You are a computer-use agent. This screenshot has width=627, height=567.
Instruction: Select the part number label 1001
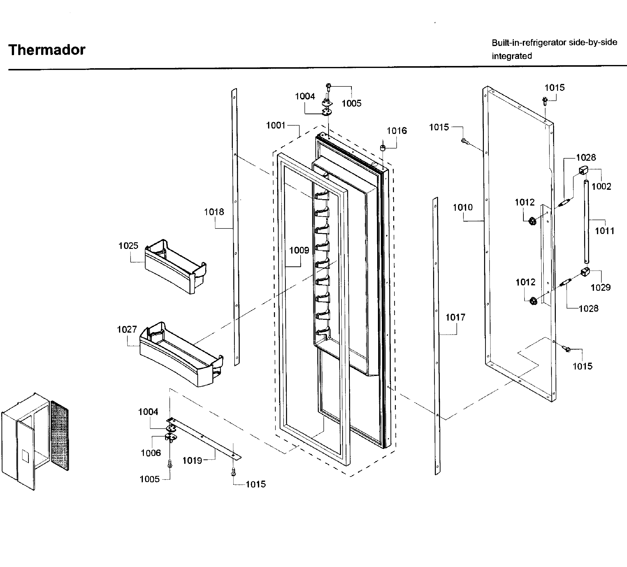point(275,125)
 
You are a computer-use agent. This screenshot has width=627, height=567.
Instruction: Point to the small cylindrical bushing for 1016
point(383,147)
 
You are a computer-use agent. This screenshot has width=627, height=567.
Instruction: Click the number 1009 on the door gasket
point(299,250)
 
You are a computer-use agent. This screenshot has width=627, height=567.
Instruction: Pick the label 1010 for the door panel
point(462,207)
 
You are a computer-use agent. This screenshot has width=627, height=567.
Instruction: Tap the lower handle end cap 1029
point(585,272)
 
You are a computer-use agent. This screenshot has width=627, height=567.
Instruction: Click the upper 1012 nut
point(532,221)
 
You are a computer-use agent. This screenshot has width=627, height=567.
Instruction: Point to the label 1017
point(455,317)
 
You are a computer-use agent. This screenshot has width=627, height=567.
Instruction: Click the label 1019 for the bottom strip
point(192,460)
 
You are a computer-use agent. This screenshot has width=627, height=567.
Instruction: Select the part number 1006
point(151,453)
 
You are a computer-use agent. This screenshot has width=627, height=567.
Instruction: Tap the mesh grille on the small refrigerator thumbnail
point(59,436)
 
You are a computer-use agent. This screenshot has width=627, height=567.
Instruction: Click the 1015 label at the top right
point(554,88)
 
